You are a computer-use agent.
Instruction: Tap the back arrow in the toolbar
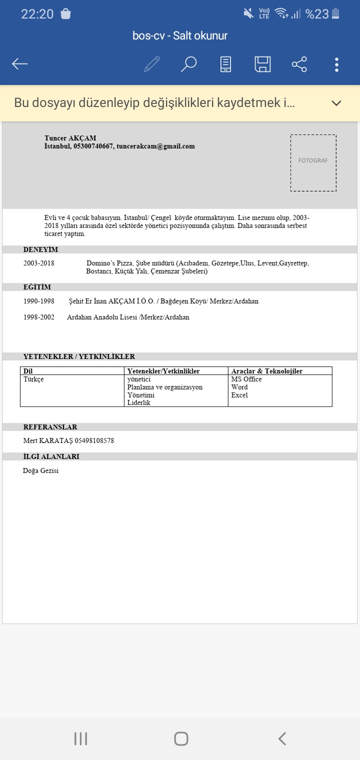coord(20,64)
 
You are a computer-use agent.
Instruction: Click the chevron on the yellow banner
coord(336,103)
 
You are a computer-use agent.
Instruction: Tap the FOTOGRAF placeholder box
coord(313,162)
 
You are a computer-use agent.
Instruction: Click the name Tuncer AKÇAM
coord(70,138)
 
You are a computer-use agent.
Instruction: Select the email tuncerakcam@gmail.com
coord(155,146)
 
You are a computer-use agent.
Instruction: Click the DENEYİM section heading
coord(41,249)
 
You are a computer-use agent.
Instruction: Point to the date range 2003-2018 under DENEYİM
coord(39,263)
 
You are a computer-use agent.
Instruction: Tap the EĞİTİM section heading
coord(37,287)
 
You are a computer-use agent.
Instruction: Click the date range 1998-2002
coord(39,317)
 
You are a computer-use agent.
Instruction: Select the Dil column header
coord(28,371)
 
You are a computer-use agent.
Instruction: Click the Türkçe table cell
coord(33,379)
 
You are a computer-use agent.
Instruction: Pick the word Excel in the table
coord(239,395)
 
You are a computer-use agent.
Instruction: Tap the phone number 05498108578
coord(94,441)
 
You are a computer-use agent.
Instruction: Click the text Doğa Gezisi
coord(41,471)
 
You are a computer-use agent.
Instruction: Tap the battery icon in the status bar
coord(335,14)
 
